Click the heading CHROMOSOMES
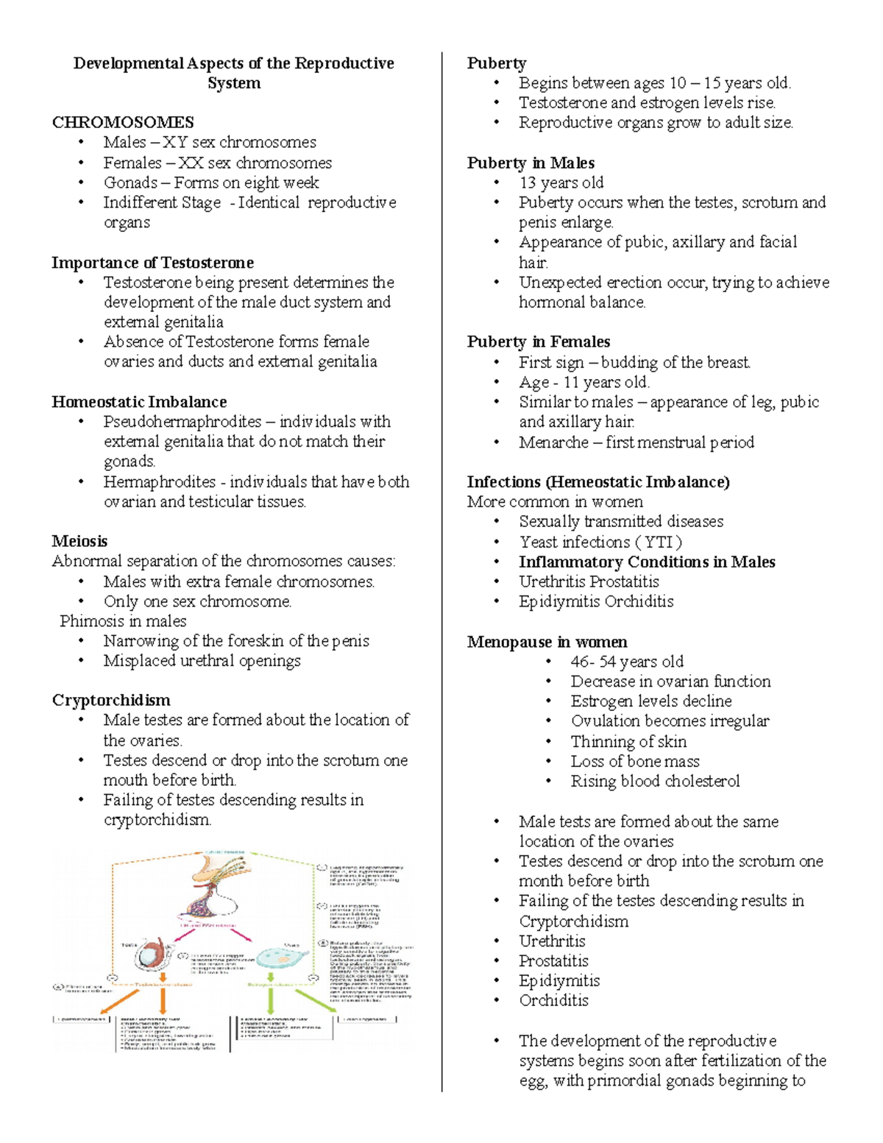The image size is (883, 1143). (123, 122)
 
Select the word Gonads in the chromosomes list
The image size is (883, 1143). (130, 183)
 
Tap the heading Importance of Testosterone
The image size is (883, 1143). (152, 263)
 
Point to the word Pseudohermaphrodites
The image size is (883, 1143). (182, 422)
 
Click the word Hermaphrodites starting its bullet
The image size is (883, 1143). (159, 482)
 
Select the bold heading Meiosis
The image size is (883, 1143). (79, 541)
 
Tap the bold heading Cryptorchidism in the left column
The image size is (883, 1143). (111, 700)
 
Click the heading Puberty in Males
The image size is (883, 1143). (531, 163)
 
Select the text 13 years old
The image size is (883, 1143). (561, 183)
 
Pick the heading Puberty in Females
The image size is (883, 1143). (538, 342)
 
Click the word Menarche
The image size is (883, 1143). (553, 442)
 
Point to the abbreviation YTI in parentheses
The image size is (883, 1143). (658, 542)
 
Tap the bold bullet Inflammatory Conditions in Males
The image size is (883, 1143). (647, 562)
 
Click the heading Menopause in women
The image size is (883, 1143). (547, 642)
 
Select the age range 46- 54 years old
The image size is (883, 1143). (627, 662)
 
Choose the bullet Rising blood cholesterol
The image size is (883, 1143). (655, 782)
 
